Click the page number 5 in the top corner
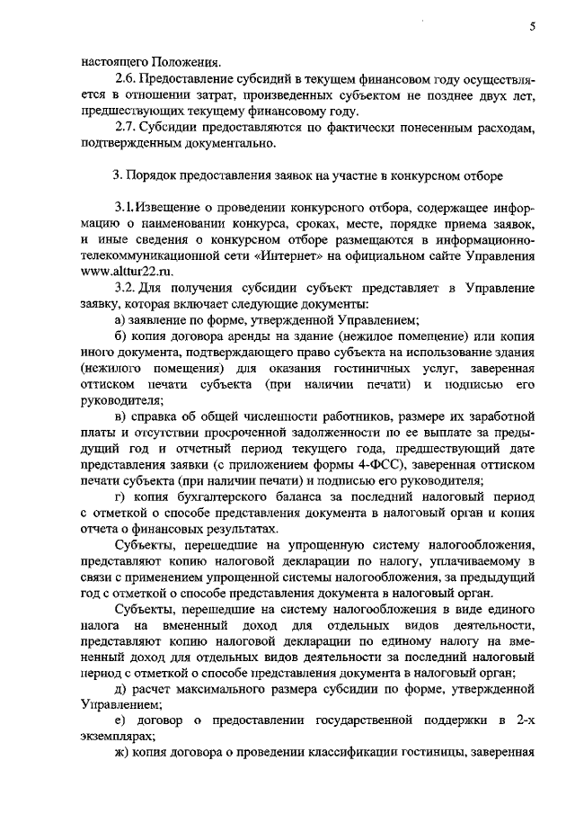[532, 28]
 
